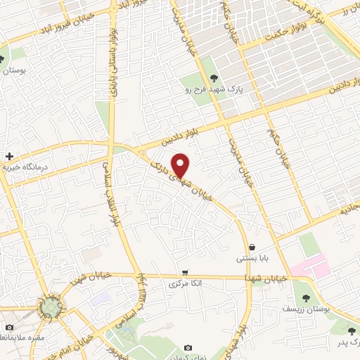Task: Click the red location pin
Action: (x=181, y=165)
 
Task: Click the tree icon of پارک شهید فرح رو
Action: (x=213, y=79)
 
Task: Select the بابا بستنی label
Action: (x=251, y=258)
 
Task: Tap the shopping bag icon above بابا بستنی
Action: (x=252, y=247)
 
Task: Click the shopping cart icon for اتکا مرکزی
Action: (x=185, y=272)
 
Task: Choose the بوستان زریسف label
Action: (x=306, y=308)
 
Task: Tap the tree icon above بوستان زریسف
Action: (x=305, y=297)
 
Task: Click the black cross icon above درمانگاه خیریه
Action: (x=8, y=156)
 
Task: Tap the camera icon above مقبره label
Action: (x=8, y=327)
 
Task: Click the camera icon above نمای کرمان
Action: (x=188, y=348)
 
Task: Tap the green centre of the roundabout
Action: (x=50, y=307)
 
